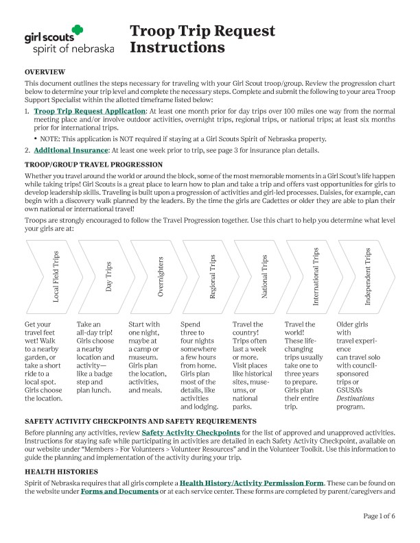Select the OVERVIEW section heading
point(45,72)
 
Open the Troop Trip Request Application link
point(89,111)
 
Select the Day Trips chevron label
point(109,276)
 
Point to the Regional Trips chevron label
point(213,276)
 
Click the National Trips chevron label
point(264,276)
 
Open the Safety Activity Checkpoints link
point(191,433)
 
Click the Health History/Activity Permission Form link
point(256,483)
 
